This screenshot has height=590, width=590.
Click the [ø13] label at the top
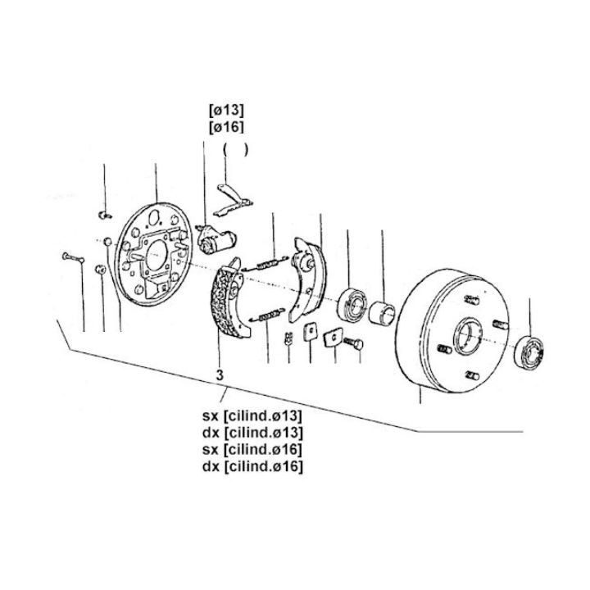click(226, 111)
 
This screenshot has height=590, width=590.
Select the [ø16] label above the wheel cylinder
click(226, 127)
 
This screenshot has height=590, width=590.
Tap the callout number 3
click(220, 374)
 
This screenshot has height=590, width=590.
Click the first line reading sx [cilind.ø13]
click(252, 416)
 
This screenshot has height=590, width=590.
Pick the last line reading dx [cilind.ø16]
click(252, 466)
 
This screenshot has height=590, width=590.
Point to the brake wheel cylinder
click(216, 240)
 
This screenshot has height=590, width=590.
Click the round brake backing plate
click(154, 254)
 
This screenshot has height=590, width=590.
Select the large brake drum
click(452, 330)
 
